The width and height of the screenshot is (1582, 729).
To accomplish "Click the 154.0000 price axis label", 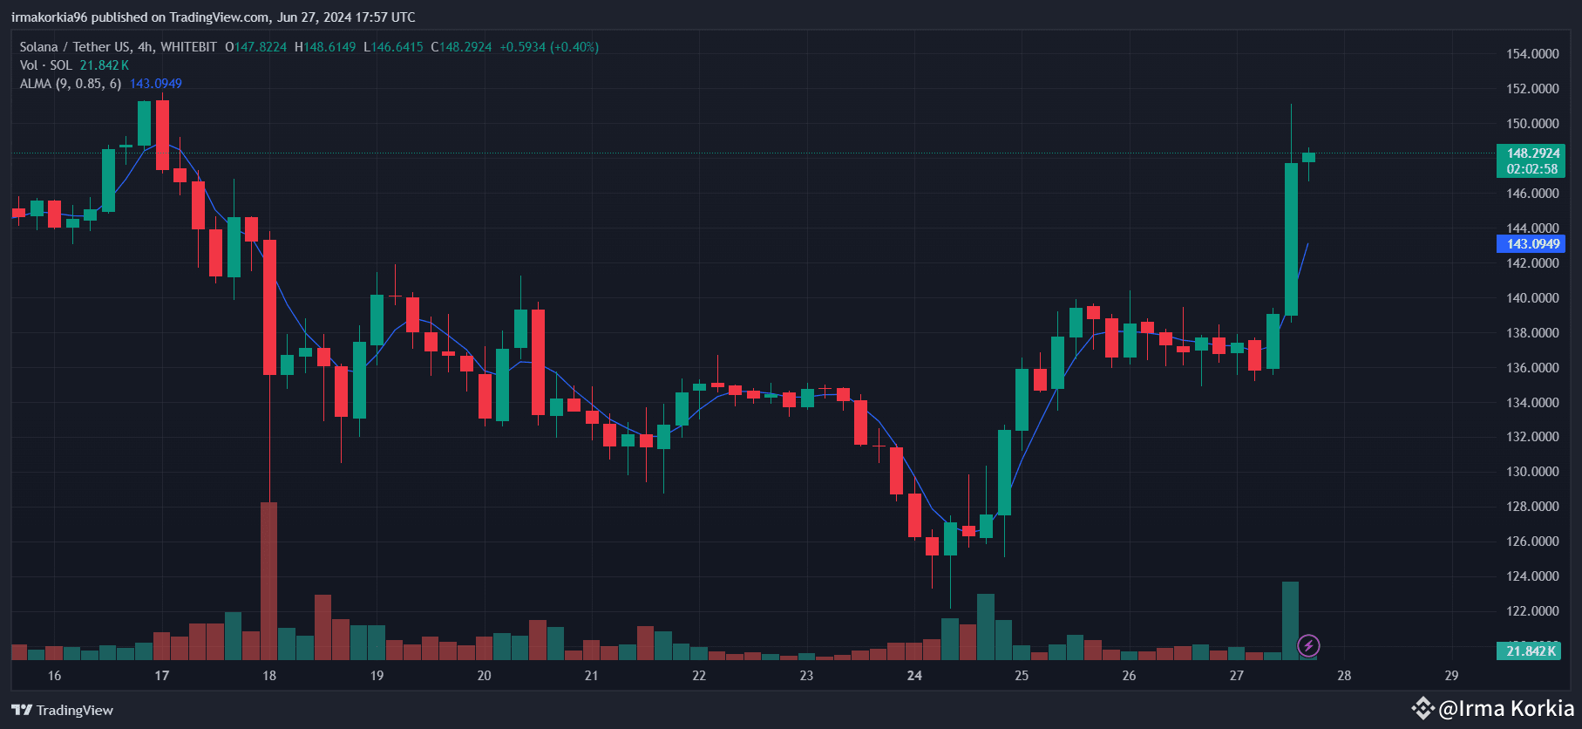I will [1532, 54].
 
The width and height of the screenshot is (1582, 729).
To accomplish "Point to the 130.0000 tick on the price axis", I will [1532, 472].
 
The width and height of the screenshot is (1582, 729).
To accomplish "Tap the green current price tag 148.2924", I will [1532, 153].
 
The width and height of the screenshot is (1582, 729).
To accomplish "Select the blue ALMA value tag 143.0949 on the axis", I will [1532, 244].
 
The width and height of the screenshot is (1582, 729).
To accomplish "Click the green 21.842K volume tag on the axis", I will [1531, 651].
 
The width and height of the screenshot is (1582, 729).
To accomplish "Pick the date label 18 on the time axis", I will [269, 676].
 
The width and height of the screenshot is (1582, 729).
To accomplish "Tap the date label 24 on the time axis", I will [914, 676].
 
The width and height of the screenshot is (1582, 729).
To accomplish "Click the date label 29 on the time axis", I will [1451, 676].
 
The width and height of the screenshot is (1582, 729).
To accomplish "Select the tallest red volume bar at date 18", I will [269, 580].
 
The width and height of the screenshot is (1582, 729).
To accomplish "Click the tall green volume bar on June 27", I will [1290, 619].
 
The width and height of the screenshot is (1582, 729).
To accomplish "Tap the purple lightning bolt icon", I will [1308, 646].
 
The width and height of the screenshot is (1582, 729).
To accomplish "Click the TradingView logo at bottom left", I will [63, 710].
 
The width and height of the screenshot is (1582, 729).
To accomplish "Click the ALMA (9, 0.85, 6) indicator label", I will [71, 84].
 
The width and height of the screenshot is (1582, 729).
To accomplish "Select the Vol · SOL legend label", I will [46, 65].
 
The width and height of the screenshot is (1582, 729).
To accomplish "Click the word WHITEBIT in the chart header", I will [188, 47].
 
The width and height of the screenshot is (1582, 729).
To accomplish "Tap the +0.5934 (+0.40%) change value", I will [549, 47].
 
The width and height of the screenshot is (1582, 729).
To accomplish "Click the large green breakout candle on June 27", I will [1291, 239].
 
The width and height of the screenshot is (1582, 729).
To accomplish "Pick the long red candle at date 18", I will [270, 307].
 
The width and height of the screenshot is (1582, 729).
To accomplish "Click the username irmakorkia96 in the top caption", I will [50, 17].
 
